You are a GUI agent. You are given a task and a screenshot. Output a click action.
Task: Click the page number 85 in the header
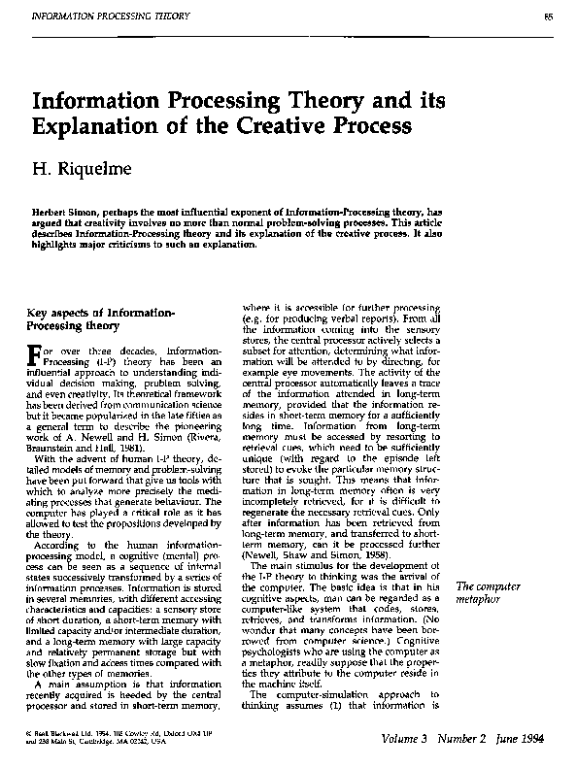click(548, 17)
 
